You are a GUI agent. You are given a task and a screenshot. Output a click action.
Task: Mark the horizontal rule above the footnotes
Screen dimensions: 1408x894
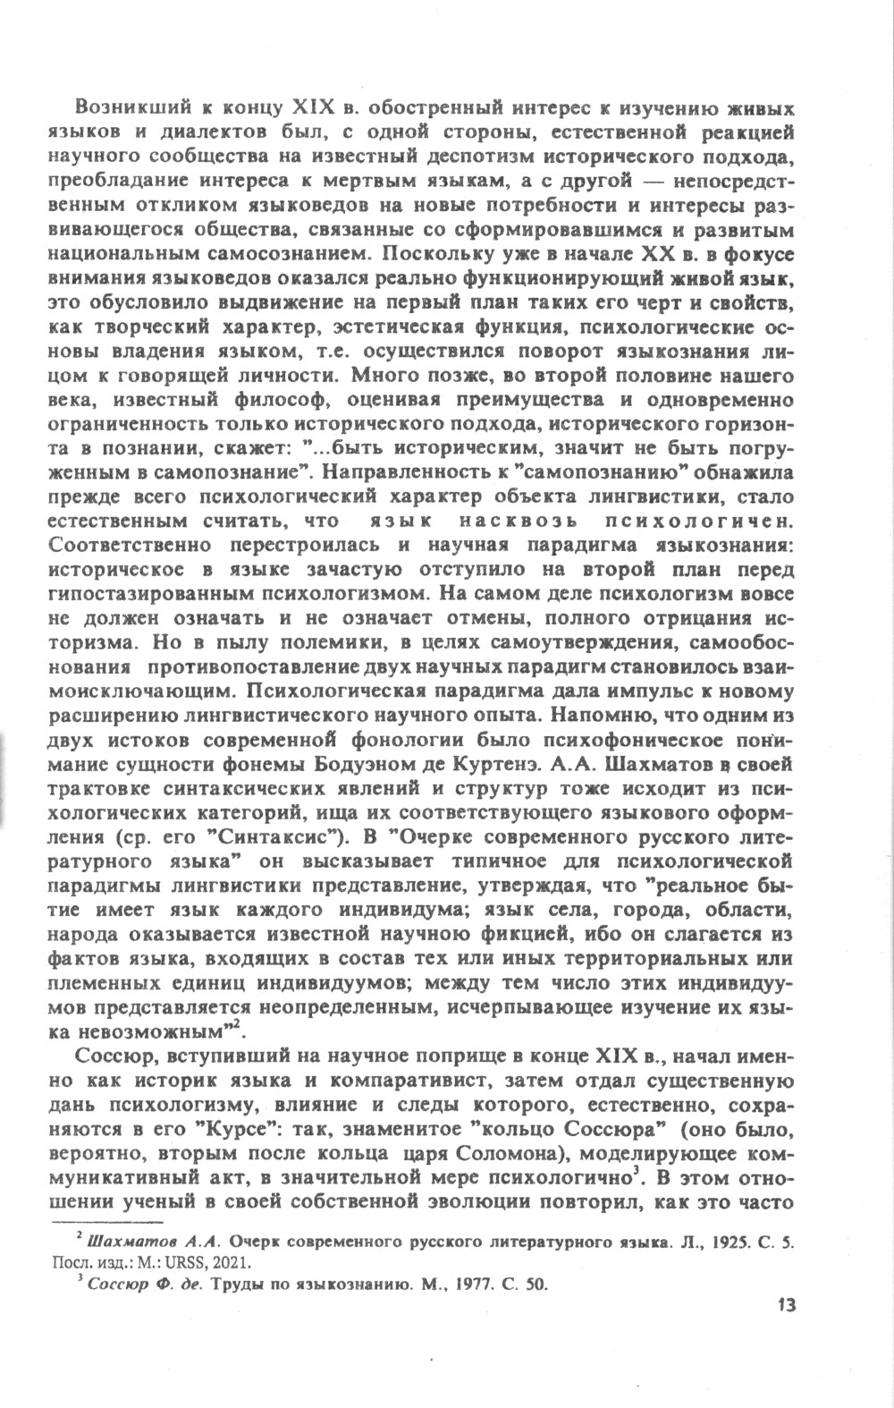coord(109,1222)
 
